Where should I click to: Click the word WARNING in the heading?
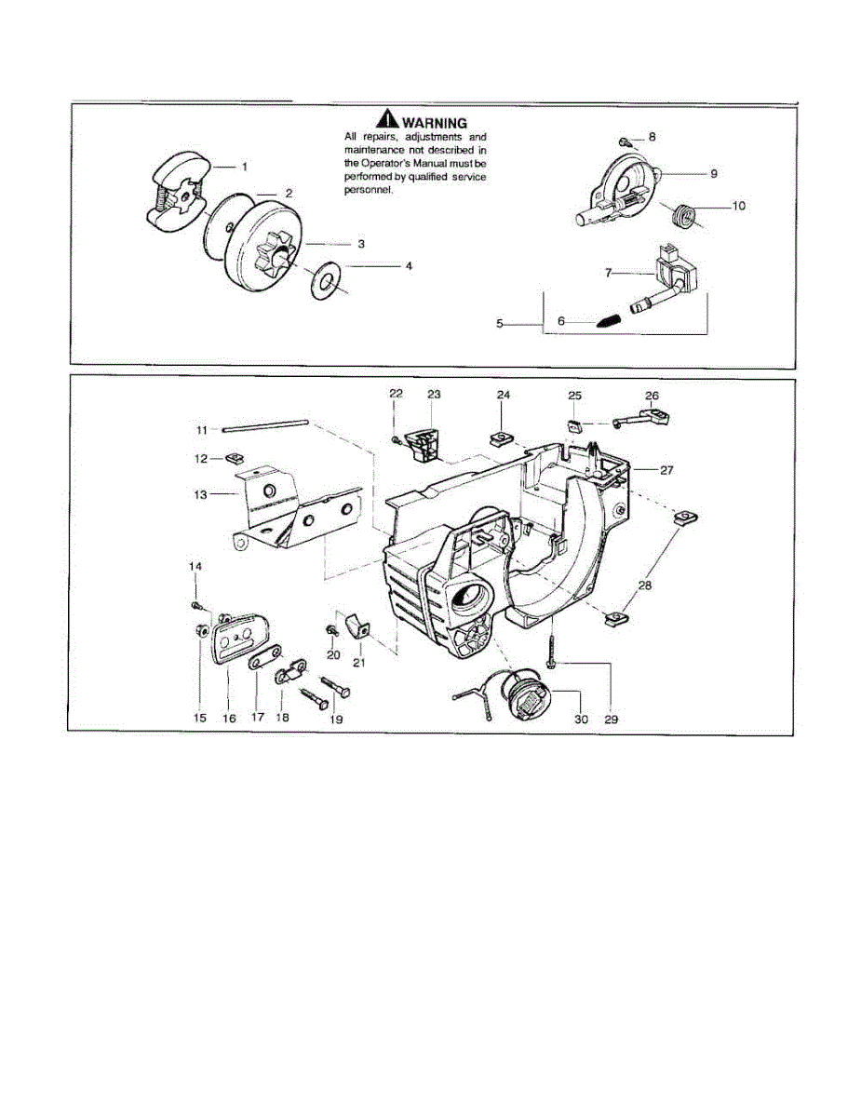[x=435, y=122]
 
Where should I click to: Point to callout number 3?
[x=359, y=243]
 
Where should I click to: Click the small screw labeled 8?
[x=626, y=142]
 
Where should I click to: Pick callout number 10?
[x=738, y=206]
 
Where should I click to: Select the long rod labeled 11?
[x=264, y=427]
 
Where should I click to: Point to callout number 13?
[x=200, y=495]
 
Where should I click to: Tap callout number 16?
[x=229, y=718]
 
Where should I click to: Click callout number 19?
[x=336, y=719]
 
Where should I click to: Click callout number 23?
[x=434, y=395]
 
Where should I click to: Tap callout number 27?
[x=666, y=470]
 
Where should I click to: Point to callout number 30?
[x=582, y=719]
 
